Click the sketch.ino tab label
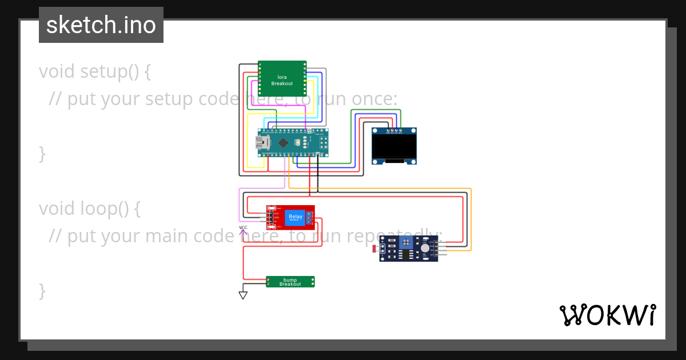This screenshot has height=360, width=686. pyautogui.click(x=101, y=25)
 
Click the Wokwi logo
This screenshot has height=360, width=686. pyautogui.click(x=607, y=315)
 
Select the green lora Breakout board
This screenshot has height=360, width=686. pyautogui.click(x=282, y=79)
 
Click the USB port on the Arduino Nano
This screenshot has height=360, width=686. pyautogui.click(x=263, y=143)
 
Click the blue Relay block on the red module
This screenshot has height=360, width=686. pyautogui.click(x=296, y=217)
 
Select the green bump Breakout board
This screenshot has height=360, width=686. pyautogui.click(x=290, y=282)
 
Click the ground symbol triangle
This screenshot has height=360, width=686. pyautogui.click(x=243, y=295)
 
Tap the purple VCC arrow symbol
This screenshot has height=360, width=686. pyautogui.click(x=243, y=231)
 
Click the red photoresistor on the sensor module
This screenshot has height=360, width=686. pyautogui.click(x=375, y=249)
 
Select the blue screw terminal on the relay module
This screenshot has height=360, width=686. pyautogui.click(x=309, y=217)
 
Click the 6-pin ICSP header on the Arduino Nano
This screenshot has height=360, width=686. pyautogui.click(x=323, y=143)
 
